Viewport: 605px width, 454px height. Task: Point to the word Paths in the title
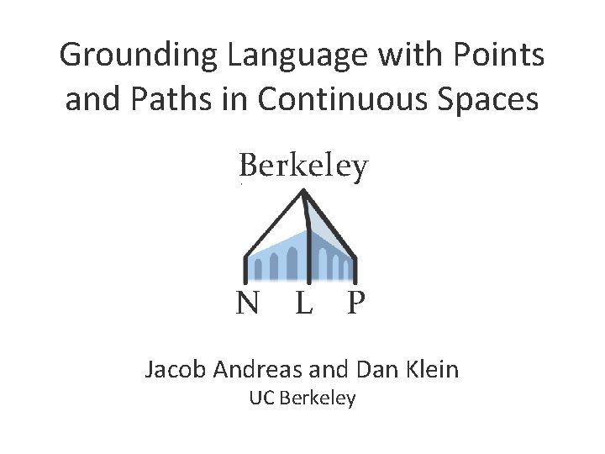170,99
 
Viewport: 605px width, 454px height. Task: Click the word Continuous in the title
348,99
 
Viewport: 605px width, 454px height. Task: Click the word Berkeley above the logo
303,166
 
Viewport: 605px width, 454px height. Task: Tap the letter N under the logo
247,303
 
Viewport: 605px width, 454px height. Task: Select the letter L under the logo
304,303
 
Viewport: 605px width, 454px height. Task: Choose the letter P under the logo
356,303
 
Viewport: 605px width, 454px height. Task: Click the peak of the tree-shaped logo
302,192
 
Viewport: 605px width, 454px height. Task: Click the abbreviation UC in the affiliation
261,399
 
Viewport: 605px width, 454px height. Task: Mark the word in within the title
240,99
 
